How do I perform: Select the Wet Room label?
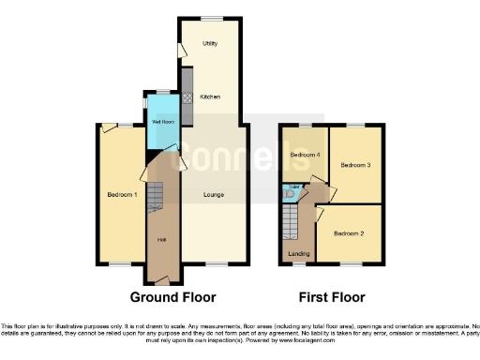click(x=161, y=122)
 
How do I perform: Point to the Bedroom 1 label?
click(x=122, y=195)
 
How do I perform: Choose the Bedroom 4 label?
click(x=304, y=155)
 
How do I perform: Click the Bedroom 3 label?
click(x=354, y=165)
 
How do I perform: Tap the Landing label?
click(x=298, y=254)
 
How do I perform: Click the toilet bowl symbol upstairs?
click(x=290, y=195)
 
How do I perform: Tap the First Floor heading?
click(x=331, y=297)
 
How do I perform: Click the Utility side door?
click(x=179, y=49)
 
